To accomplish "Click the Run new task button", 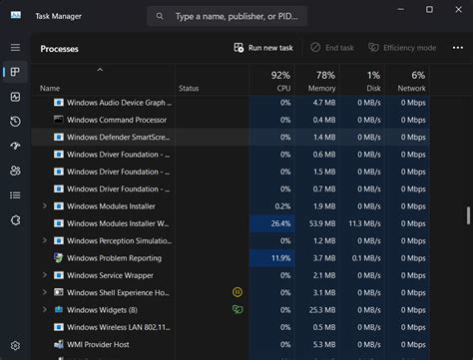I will click(263, 48).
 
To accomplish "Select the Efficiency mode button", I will click(402, 48).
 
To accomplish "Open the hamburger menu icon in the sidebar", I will click(15, 47).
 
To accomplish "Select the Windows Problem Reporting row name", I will click(114, 258).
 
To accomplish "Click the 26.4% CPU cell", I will click(280, 223).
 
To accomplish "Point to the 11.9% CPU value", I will click(280, 258).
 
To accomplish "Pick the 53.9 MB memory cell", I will click(321, 223).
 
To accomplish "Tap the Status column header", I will click(189, 88).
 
